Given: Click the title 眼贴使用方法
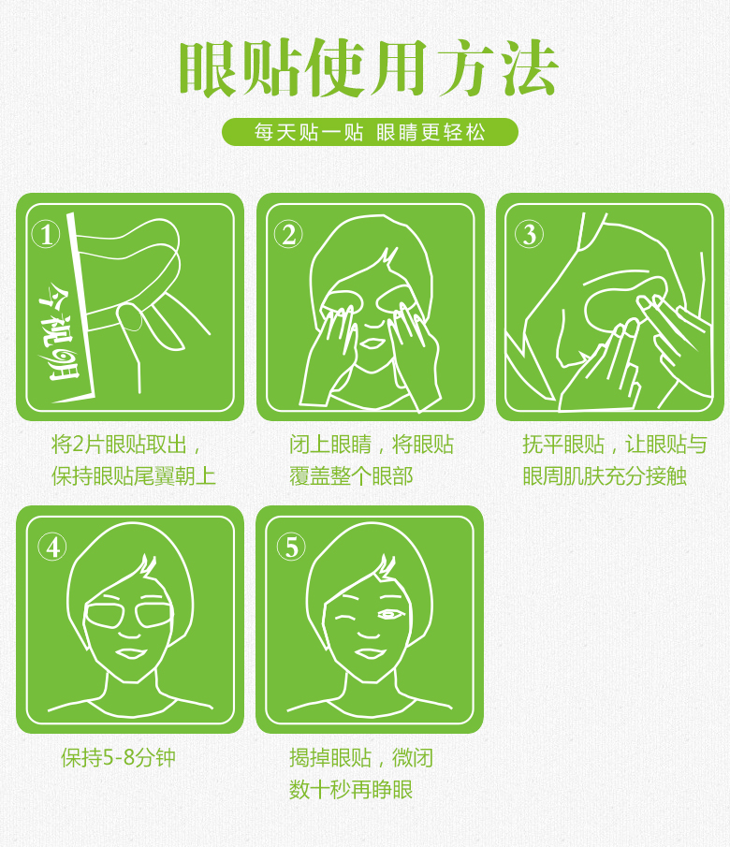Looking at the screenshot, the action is point(369,68).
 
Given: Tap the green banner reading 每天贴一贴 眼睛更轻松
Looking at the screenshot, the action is point(370,132).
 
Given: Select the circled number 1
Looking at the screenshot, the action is point(46,235).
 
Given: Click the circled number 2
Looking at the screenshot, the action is point(288,235).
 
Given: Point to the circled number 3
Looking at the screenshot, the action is point(529,235).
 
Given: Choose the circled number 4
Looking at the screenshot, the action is point(52,548).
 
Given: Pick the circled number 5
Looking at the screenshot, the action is point(291,548).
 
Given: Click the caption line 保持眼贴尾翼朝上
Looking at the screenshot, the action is point(134,475).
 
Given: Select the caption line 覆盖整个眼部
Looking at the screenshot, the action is point(351,475).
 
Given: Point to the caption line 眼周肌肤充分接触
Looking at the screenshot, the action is point(605,475).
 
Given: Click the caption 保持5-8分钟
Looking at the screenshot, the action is point(118,757).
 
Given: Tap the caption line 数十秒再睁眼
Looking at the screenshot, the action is point(351,789).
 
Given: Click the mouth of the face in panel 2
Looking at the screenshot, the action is point(372,343).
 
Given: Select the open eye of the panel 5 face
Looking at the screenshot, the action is point(390,615).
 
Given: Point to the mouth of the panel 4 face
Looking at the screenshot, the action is point(130,653).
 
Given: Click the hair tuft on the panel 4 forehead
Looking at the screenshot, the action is point(147,566).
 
